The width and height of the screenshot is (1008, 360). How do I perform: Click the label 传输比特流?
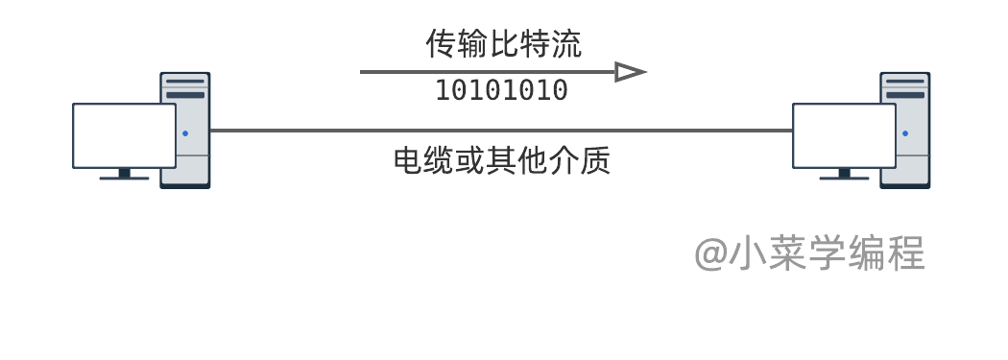pos(503,44)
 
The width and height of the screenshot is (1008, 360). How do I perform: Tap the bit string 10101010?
pos(502,90)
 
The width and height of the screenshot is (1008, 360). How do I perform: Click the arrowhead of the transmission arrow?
pos(630,72)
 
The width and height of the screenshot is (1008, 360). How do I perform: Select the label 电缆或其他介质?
pos(501,160)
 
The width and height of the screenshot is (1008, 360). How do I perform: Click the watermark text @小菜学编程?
pos(809,252)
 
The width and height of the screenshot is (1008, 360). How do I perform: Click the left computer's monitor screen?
pos(124,135)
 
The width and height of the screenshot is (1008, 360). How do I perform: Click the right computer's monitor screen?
pos(844,135)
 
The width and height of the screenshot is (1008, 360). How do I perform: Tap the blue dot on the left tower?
pos(185,133)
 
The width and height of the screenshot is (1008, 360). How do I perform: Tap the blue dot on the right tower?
pos(905,133)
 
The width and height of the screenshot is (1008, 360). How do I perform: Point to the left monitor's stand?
pos(124,174)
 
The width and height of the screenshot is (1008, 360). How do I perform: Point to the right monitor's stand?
pos(844,174)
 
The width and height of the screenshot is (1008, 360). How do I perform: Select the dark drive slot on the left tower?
pos(185,95)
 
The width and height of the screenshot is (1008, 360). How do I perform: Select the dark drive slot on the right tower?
pos(905,95)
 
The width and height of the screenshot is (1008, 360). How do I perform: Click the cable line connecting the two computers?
pos(501,131)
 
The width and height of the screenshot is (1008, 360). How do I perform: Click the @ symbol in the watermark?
pos(711,254)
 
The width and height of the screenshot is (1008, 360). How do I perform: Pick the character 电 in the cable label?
pos(409,160)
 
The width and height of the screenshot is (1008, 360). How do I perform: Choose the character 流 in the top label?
pos(566,44)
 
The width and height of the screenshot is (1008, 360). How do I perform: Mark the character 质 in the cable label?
pos(594,160)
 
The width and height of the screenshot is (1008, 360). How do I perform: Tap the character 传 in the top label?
pos(441,44)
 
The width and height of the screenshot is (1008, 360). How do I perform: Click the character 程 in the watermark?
pos(906,252)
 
